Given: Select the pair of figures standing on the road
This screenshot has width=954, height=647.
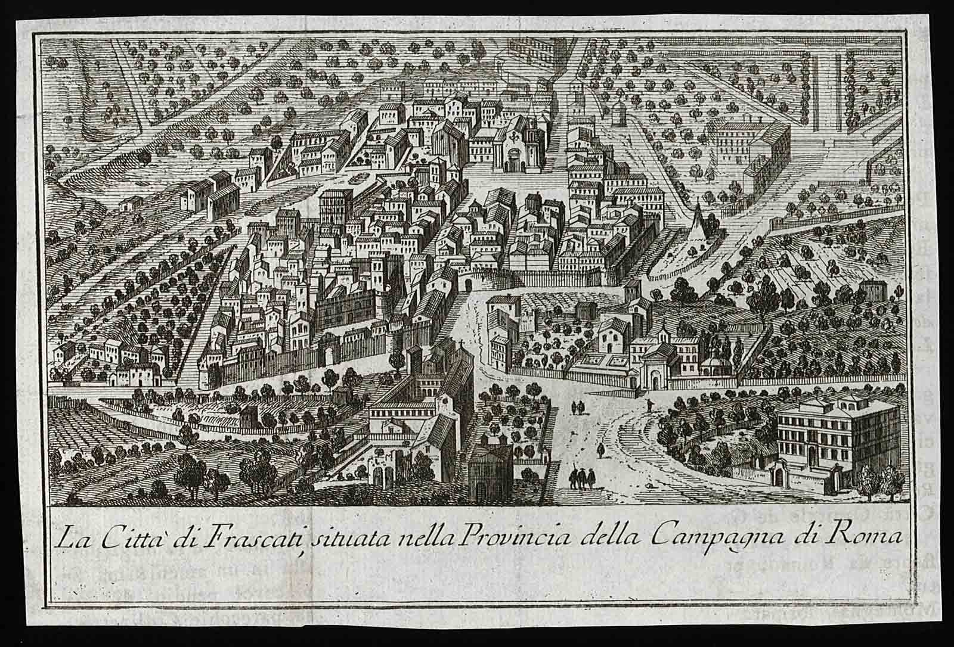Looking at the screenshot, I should click(577, 408).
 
